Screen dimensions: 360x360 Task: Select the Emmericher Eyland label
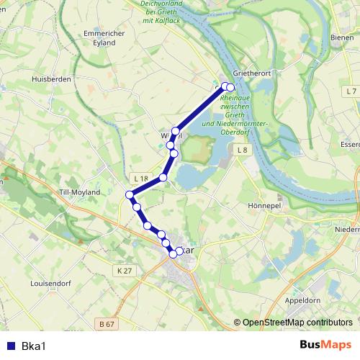coord(104,38)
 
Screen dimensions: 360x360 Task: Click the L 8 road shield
coord(242,150)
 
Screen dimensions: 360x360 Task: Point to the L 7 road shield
coord(351,91)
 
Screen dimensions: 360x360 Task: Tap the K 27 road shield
coord(123,270)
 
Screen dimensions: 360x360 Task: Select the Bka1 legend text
coord(33,345)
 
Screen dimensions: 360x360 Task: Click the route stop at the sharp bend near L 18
coord(130,194)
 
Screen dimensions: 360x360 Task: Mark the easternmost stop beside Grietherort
coord(230,87)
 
